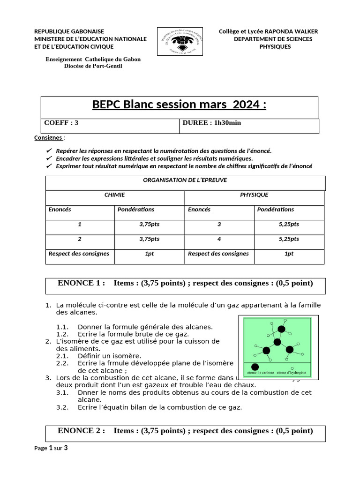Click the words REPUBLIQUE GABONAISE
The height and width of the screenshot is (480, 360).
(x=69, y=31)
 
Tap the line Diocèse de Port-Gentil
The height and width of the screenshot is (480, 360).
(x=93, y=66)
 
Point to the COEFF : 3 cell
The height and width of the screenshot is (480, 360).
(x=61, y=123)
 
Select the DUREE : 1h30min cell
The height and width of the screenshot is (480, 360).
(x=211, y=123)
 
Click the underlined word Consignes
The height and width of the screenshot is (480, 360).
(x=48, y=138)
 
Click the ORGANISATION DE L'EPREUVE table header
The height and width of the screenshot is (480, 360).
(x=185, y=180)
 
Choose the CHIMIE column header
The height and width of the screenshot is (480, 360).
(x=114, y=195)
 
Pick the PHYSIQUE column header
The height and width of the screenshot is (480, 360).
(x=254, y=195)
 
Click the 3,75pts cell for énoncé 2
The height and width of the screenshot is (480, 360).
(x=149, y=239)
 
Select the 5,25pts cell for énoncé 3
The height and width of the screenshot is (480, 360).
(x=289, y=225)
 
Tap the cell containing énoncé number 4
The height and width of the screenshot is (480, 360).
(x=219, y=239)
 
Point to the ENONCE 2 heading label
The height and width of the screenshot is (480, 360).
(x=81, y=431)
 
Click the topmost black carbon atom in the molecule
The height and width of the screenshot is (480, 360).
(x=281, y=330)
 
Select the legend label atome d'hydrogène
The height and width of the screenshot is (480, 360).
(x=292, y=373)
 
